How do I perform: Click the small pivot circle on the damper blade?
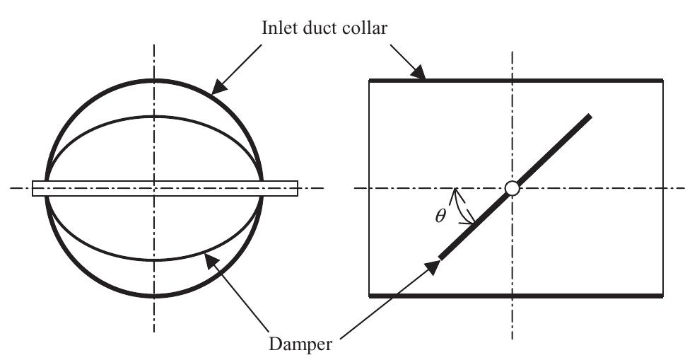click(x=513, y=188)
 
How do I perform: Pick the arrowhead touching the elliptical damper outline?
click(x=211, y=262)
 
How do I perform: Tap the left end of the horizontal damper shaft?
click(x=34, y=188)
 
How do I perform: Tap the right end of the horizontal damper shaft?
click(x=296, y=188)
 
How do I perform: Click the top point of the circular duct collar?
click(x=153, y=80)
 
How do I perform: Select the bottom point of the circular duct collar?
click(x=153, y=296)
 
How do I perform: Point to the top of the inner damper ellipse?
click(x=153, y=116)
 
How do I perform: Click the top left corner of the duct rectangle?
click(x=370, y=81)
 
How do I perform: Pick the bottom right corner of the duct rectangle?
click(x=662, y=296)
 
